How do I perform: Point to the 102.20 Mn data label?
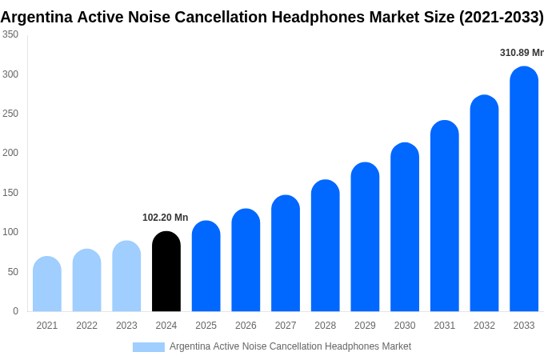click(166, 218)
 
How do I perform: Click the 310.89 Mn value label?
click(522, 53)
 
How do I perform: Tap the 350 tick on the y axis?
click(10, 34)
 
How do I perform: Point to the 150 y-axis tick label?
click(10, 193)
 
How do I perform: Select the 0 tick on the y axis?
click(15, 311)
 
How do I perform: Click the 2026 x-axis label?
click(246, 326)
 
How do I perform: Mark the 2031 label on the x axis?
click(445, 326)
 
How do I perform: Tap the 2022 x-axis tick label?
click(86, 326)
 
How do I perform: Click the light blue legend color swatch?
click(149, 347)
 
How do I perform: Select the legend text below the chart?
click(290, 346)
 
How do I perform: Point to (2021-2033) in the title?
click(501, 17)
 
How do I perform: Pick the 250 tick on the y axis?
click(10, 114)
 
